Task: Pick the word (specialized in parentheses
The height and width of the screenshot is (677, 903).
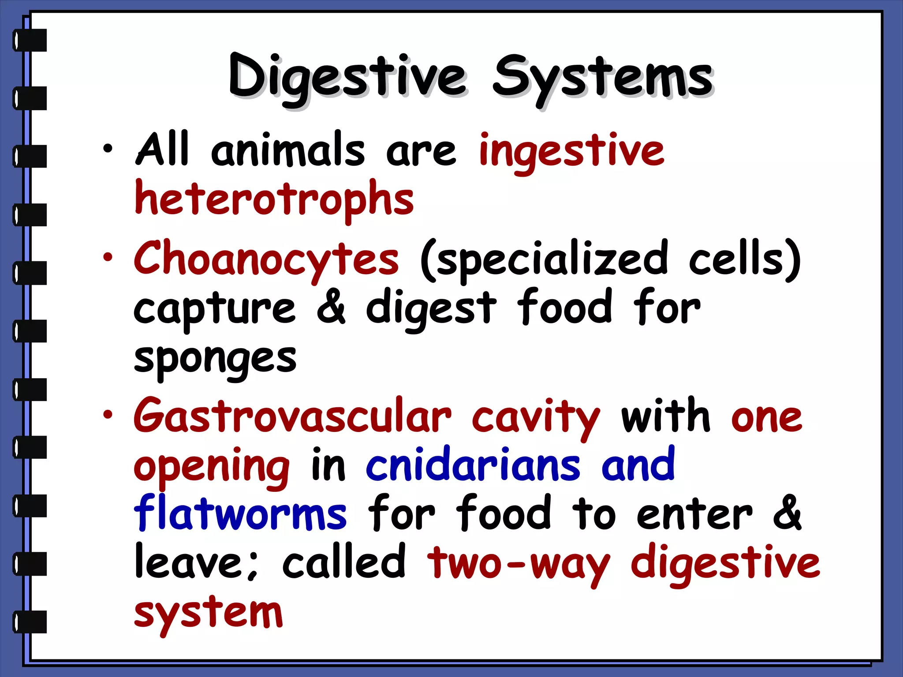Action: click(544, 260)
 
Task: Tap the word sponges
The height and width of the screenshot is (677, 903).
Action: click(215, 358)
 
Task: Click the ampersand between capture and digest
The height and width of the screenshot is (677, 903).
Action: click(331, 306)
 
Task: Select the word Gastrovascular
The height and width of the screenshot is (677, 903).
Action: click(293, 417)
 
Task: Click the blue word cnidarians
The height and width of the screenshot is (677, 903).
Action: click(473, 466)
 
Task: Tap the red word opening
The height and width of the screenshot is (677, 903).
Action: click(212, 467)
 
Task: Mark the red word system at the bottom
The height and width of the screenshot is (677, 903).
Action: click(208, 614)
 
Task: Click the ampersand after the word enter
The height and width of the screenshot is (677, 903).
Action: click(787, 513)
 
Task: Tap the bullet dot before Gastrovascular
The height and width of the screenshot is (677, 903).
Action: click(108, 415)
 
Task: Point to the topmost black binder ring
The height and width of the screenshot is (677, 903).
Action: click(30, 40)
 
